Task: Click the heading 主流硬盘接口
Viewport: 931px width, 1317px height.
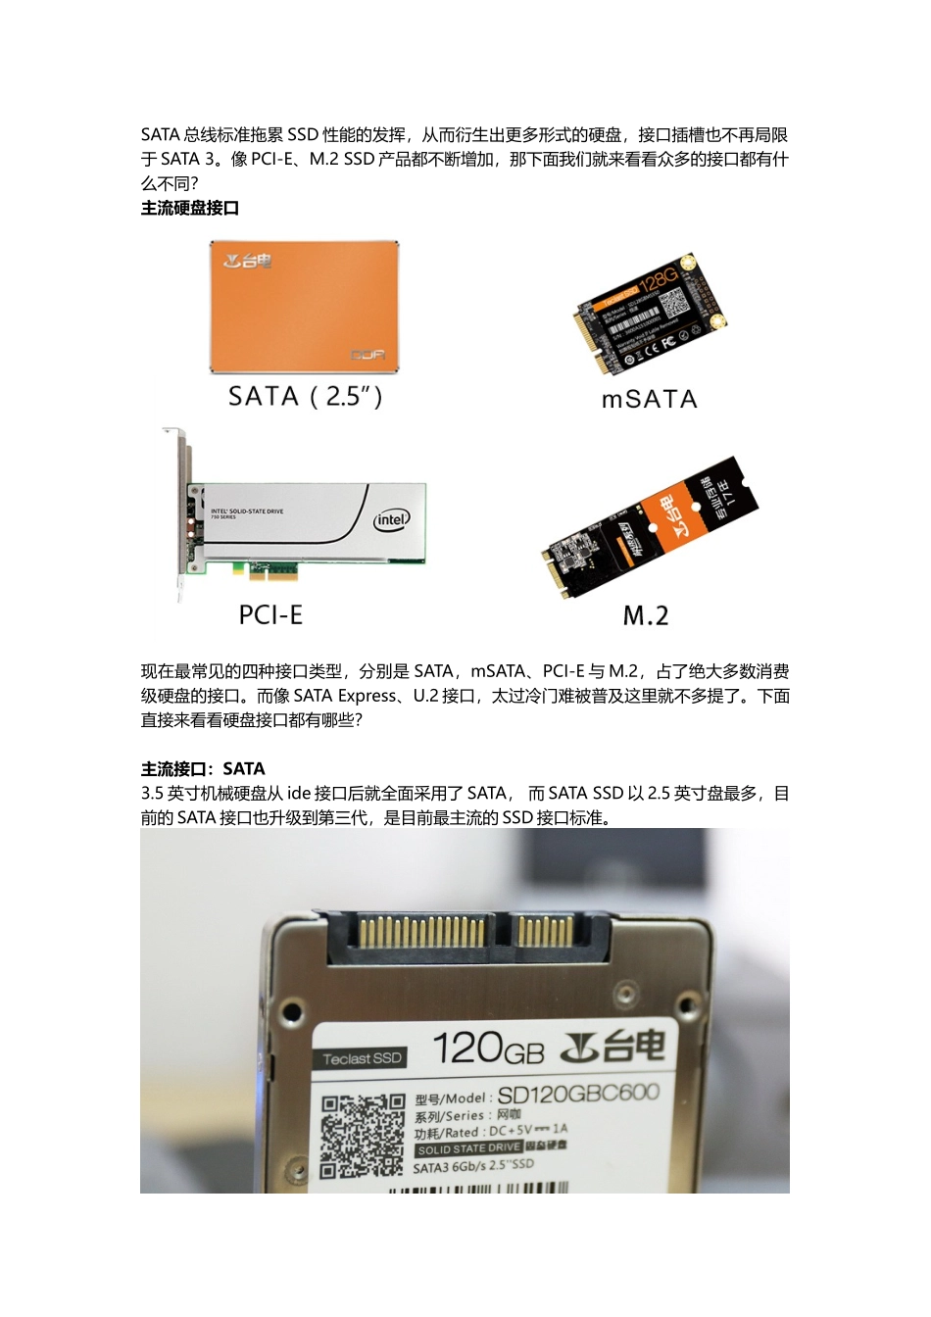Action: click(190, 208)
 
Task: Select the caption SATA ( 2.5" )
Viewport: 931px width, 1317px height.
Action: click(305, 397)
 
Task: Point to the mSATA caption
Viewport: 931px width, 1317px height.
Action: click(649, 400)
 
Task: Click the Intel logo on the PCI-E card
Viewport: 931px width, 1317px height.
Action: click(391, 519)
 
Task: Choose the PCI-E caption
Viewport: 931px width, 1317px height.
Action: click(270, 615)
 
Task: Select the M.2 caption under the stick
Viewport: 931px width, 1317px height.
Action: click(646, 616)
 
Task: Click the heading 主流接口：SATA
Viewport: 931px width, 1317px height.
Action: click(203, 769)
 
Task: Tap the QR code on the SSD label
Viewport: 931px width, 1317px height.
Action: click(362, 1135)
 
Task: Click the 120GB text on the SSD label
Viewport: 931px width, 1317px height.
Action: click(487, 1049)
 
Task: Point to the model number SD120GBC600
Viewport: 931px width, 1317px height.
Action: click(578, 1095)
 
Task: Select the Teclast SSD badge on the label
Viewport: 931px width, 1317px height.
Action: click(363, 1058)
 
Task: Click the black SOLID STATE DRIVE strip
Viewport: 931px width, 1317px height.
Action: click(468, 1148)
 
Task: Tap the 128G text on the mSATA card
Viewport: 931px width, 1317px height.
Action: click(659, 279)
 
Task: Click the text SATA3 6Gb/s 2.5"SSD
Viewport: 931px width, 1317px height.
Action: click(473, 1166)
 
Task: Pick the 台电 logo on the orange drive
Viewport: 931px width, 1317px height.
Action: click(247, 262)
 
